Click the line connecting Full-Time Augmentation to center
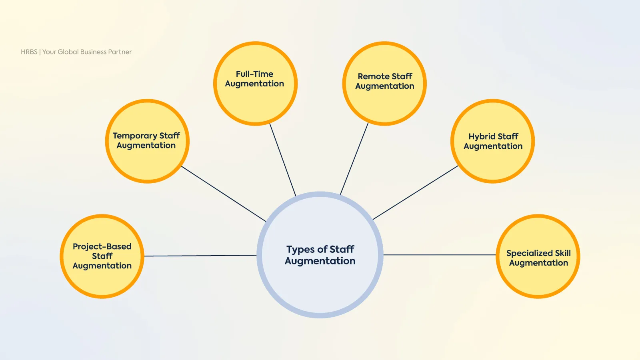(x=283, y=159)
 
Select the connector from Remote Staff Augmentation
(x=354, y=159)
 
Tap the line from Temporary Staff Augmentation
(x=224, y=194)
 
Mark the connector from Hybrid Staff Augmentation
(x=415, y=193)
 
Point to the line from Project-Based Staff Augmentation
(x=200, y=256)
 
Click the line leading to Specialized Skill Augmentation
(x=439, y=255)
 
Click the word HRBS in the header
(x=29, y=52)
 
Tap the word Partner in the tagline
(x=120, y=52)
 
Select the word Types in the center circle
(x=300, y=250)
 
